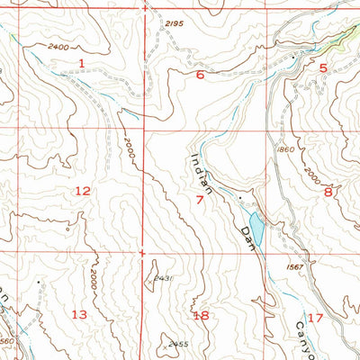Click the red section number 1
pyautogui.click(x=81, y=62)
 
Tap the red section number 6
pyautogui.click(x=200, y=76)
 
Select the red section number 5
pyautogui.click(x=322, y=67)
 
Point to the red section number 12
pyautogui.click(x=83, y=190)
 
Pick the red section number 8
pyautogui.click(x=328, y=191)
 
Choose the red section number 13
pyautogui.click(x=80, y=314)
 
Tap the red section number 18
pyautogui.click(x=201, y=315)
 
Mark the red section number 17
pyautogui.click(x=314, y=318)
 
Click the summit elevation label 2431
pyautogui.click(x=164, y=280)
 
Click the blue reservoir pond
pyautogui.click(x=256, y=229)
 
